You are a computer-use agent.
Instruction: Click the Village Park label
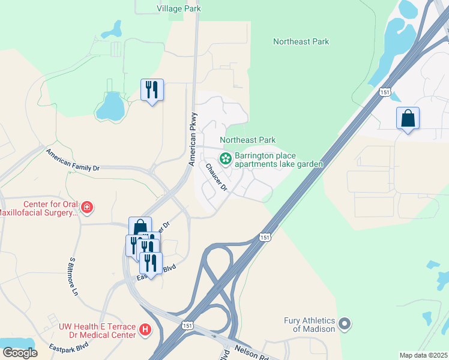tap(178, 8)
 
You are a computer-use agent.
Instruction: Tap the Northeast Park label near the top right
tap(301, 41)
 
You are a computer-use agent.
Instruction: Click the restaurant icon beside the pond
tap(152, 90)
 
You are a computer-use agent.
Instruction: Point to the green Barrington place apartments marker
tap(226, 159)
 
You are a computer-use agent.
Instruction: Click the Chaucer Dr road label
tap(217, 178)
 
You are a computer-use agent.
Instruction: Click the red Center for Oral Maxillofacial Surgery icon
tap(87, 208)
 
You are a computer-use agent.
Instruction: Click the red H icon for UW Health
tap(144, 329)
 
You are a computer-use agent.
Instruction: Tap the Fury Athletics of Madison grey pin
tap(345, 324)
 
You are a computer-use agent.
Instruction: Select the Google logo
tap(20, 352)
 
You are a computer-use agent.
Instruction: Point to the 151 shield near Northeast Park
tap(385, 91)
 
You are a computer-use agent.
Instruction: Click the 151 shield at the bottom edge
tap(188, 324)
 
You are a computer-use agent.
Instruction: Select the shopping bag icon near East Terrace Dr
tap(140, 227)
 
